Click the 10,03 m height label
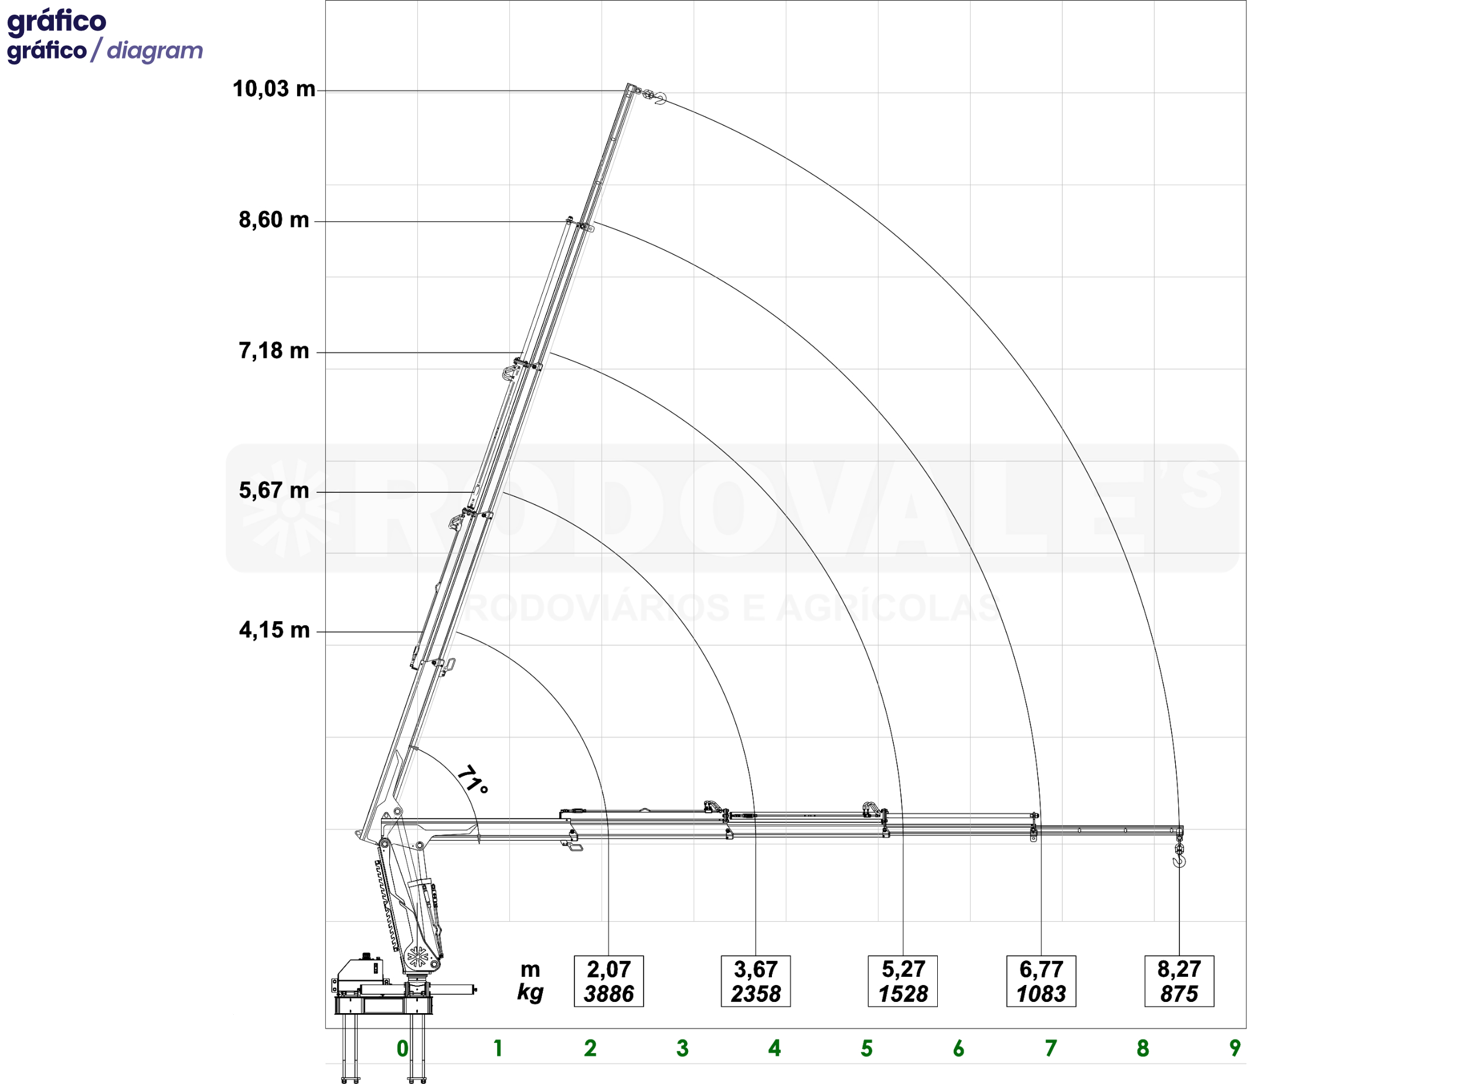[x=274, y=88]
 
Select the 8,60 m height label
[x=274, y=220]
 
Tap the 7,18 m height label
[x=274, y=351]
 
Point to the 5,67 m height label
[x=274, y=491]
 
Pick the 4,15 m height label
[x=274, y=630]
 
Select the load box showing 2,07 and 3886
[x=608, y=981]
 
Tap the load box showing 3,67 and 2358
[x=756, y=981]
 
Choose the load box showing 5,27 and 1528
[x=903, y=981]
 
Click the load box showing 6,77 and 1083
[x=1041, y=981]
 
